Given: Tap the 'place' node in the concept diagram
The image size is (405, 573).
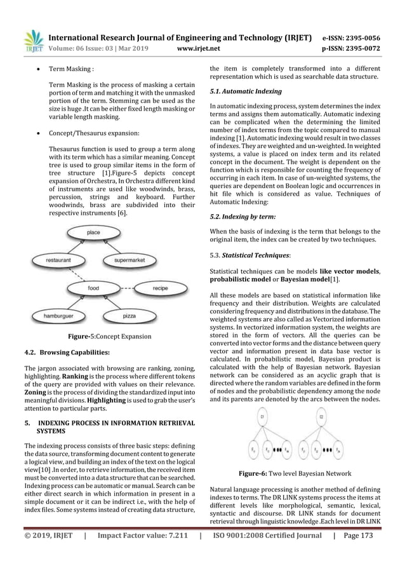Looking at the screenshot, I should [93, 234].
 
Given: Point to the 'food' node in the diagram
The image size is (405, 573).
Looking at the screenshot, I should [93, 288].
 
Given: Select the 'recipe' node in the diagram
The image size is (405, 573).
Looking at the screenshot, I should [160, 289].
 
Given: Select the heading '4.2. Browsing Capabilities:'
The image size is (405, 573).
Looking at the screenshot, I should [67, 351].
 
